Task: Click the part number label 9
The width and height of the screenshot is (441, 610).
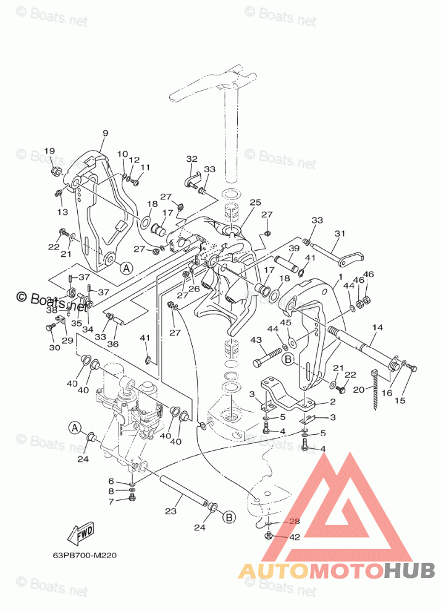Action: click(x=105, y=133)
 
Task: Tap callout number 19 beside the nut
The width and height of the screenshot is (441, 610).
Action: click(x=49, y=151)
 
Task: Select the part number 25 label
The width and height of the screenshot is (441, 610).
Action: click(x=255, y=203)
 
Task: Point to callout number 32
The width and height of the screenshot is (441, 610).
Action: click(x=191, y=159)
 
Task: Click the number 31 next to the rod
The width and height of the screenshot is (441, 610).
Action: click(x=340, y=233)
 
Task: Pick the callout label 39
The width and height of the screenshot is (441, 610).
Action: click(x=294, y=248)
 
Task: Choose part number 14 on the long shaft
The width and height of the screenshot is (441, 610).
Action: click(x=377, y=327)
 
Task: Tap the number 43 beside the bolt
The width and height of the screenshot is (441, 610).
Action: click(x=256, y=340)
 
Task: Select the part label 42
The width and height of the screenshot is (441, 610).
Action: click(x=295, y=537)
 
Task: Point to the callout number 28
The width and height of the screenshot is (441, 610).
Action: click(x=295, y=522)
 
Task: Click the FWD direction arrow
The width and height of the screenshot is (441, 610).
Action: click(x=80, y=533)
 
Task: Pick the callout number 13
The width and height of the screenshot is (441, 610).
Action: click(x=62, y=212)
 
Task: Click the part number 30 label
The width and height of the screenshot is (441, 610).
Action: click(x=54, y=347)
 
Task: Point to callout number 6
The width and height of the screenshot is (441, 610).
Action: click(x=111, y=481)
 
